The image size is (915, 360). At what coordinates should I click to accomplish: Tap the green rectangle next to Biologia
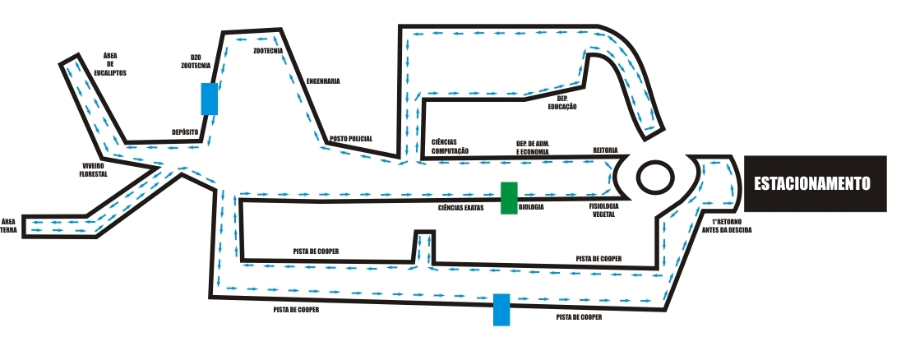coord(509,198)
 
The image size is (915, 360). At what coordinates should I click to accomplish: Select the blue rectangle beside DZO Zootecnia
coord(210,99)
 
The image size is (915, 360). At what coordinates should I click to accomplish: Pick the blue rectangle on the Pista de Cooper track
coord(501,309)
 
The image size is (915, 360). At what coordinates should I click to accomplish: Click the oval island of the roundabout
coord(654,176)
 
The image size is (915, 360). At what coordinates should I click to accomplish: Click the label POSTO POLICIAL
coord(351,138)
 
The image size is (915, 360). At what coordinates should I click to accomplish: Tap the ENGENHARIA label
coord(323,81)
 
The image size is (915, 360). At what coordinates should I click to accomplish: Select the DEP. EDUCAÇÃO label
coord(562,103)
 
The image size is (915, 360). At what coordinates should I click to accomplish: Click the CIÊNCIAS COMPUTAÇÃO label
coord(450,146)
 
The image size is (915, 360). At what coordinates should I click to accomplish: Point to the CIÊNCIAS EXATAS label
coord(461,208)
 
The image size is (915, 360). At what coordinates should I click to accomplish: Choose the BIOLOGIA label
coord(531,208)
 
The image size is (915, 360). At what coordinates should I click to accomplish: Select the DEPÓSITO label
coord(186,132)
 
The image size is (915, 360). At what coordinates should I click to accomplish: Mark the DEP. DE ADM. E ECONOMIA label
coord(533,148)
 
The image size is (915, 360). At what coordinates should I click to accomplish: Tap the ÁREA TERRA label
coord(9,225)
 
